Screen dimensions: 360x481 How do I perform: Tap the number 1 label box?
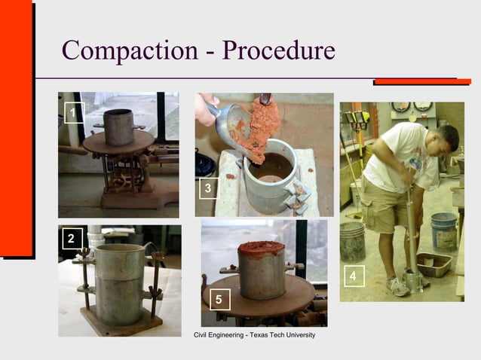click(x=72, y=114)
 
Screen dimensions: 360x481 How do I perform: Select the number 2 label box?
click(x=71, y=239)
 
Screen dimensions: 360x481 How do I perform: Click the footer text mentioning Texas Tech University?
click(x=254, y=334)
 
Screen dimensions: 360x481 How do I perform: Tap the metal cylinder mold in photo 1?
click(x=118, y=127)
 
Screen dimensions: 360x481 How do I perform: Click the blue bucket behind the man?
click(x=443, y=230)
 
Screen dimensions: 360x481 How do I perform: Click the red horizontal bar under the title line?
click(x=422, y=81)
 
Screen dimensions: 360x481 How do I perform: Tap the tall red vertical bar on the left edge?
click(x=17, y=128)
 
